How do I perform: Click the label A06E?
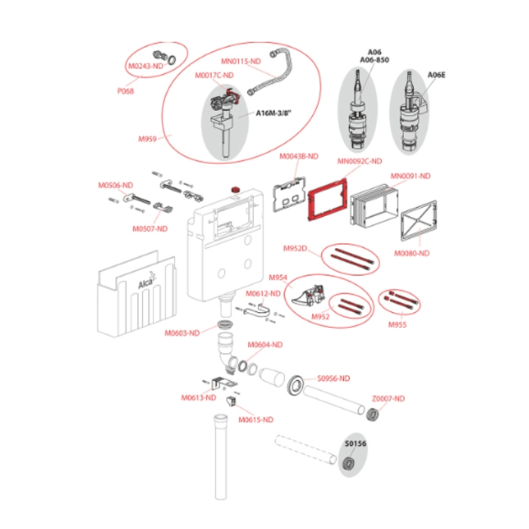click(437, 75)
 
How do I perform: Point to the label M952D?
click(296, 249)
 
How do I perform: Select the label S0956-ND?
click(333, 378)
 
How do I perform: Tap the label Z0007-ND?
click(388, 398)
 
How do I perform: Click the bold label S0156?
click(355, 445)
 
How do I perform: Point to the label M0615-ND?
click(256, 419)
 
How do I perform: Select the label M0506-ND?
click(115, 186)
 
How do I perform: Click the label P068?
click(125, 91)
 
